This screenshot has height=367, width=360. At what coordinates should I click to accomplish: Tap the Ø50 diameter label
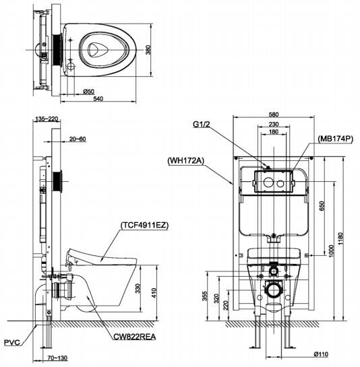tap(88, 90)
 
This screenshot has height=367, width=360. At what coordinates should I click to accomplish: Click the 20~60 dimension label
tap(78, 139)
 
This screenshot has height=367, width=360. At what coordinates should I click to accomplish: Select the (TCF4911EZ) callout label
tap(145, 226)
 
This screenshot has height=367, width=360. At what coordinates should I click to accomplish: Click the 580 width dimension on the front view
tap(272, 116)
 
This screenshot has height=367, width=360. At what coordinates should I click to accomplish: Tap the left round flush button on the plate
tap(268, 182)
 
